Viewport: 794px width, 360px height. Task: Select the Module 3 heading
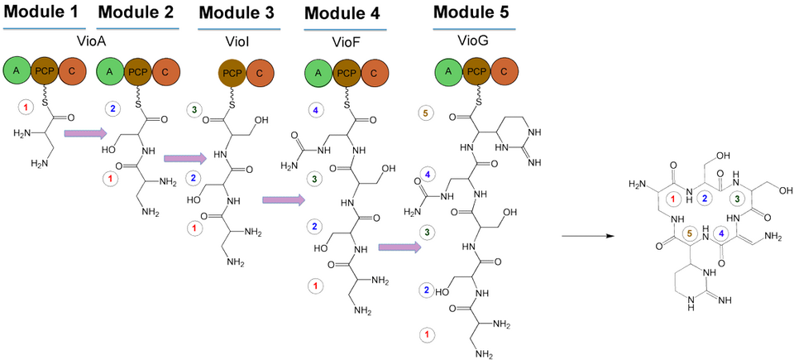[x=237, y=12]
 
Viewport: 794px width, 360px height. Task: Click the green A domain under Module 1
[x=18, y=72]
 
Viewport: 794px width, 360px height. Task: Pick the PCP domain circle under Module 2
[x=137, y=72]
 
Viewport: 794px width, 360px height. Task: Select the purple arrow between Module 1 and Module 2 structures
[x=85, y=133]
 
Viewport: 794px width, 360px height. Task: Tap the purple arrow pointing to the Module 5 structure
[x=400, y=247]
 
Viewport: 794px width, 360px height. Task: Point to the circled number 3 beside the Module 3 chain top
[x=194, y=109]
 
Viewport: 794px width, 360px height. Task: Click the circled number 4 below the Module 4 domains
[x=317, y=109]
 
